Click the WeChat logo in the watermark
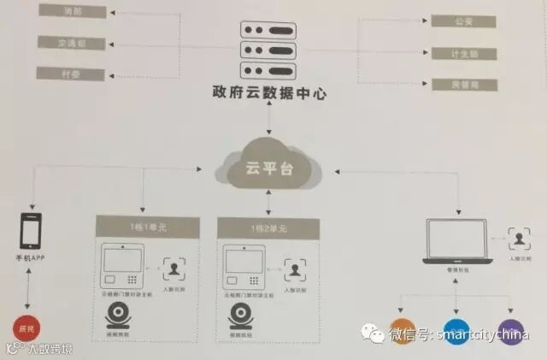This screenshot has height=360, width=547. (x=373, y=334)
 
